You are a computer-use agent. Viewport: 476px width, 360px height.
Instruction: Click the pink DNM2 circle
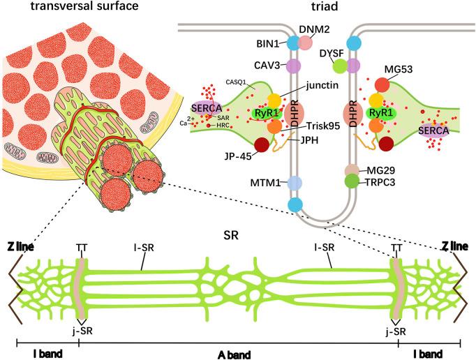point(305,43)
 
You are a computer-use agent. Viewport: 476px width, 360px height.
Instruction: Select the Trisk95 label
point(322,127)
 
